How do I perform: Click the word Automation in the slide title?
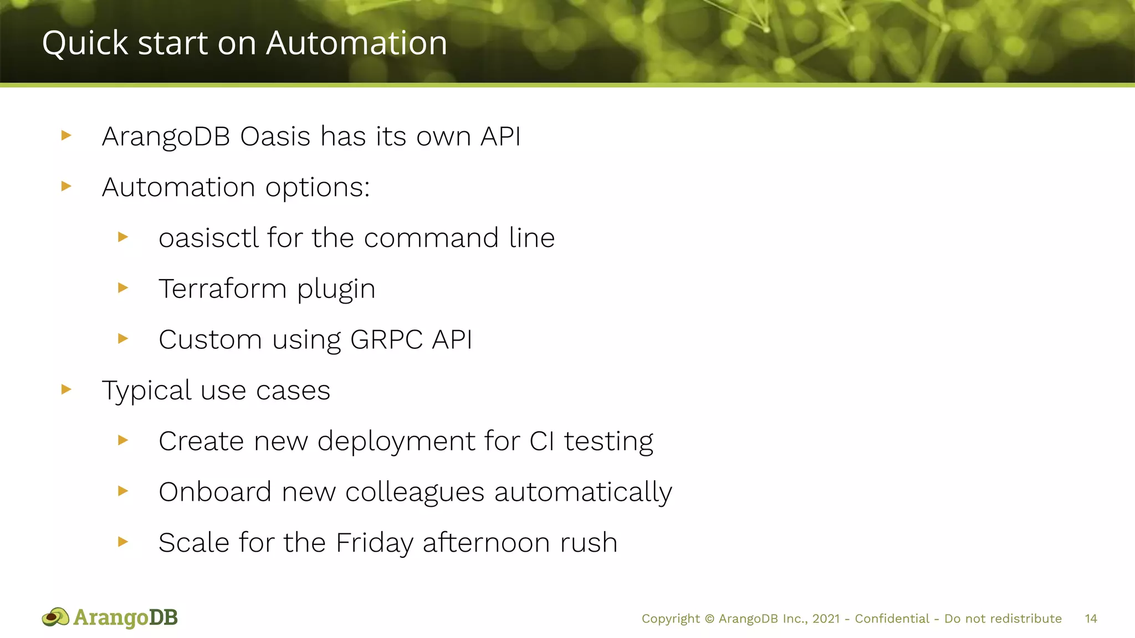[x=356, y=43]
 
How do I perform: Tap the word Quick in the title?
[x=85, y=43]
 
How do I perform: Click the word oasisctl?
[x=208, y=238]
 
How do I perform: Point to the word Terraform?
[x=222, y=289]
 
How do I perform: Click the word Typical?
[x=146, y=391]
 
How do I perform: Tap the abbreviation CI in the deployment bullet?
[x=541, y=441]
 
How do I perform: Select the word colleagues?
[x=415, y=492]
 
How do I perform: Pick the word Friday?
[x=374, y=543]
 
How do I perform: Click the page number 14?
[x=1091, y=619]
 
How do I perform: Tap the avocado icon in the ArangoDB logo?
[x=55, y=617]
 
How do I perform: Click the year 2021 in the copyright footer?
[x=826, y=619]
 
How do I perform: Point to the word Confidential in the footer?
[x=892, y=619]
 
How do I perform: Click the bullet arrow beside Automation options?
[x=67, y=186]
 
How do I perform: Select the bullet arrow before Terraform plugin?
[x=123, y=287]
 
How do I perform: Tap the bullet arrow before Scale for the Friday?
[x=123, y=541]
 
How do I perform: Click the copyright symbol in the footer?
[x=709, y=619]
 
